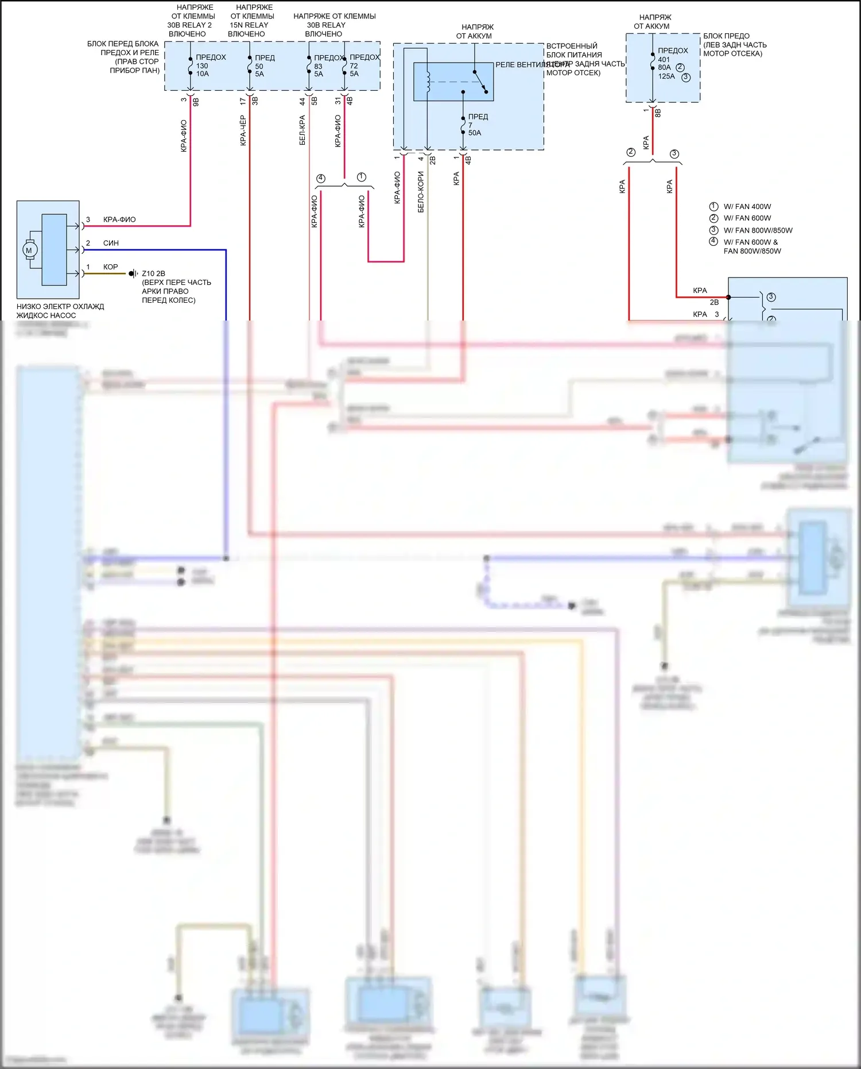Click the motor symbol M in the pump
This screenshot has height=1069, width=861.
[x=29, y=250]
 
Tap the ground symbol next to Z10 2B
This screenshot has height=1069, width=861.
[x=133, y=273]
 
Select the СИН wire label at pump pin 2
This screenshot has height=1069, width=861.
[x=111, y=243]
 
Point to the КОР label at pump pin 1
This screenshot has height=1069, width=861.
[x=110, y=267]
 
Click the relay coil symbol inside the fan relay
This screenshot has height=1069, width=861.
[x=428, y=82]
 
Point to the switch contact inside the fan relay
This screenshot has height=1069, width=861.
[x=480, y=82]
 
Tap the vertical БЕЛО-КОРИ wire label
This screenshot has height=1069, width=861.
[x=421, y=192]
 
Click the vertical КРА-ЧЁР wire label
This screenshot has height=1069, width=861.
[x=243, y=130]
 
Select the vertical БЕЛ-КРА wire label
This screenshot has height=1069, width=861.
[x=302, y=130]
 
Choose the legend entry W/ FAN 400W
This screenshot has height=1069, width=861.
[x=747, y=207]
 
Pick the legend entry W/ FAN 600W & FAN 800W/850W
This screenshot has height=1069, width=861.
[x=751, y=246]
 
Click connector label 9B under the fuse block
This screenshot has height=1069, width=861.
[x=196, y=101]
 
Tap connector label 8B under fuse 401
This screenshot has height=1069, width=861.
[x=658, y=113]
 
